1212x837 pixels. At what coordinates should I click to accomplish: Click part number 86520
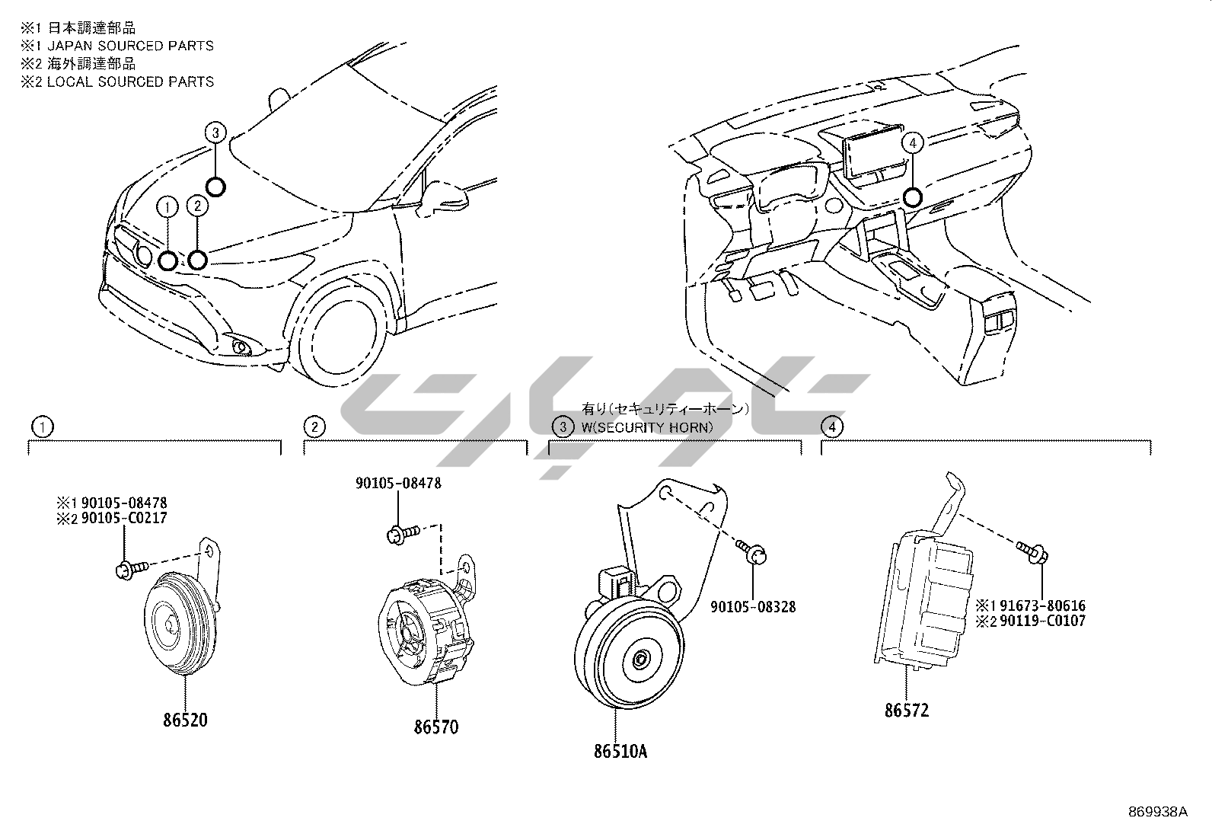(x=186, y=719)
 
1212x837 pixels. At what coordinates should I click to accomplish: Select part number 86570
(x=436, y=727)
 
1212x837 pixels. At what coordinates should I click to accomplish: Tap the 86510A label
(x=620, y=751)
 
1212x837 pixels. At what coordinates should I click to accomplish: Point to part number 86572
(x=907, y=711)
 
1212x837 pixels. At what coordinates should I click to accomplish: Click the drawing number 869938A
(x=1157, y=811)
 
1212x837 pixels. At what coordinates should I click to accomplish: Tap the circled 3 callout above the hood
(x=215, y=133)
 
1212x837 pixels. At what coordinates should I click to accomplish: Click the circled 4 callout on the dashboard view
(x=913, y=142)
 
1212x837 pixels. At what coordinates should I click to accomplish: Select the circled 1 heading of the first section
(x=43, y=426)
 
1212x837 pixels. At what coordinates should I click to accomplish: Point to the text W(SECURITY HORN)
(x=647, y=427)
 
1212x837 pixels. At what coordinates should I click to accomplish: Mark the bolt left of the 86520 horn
(x=127, y=568)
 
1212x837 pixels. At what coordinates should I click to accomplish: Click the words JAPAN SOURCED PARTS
(x=130, y=46)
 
